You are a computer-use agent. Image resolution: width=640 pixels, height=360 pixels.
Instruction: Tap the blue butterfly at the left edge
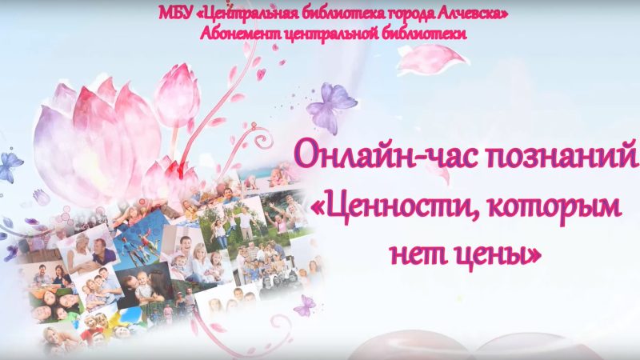click(10, 166)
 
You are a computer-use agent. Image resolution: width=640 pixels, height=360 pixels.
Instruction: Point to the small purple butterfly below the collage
click(305, 305)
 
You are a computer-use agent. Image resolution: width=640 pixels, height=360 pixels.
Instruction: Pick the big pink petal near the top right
click(433, 60)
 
